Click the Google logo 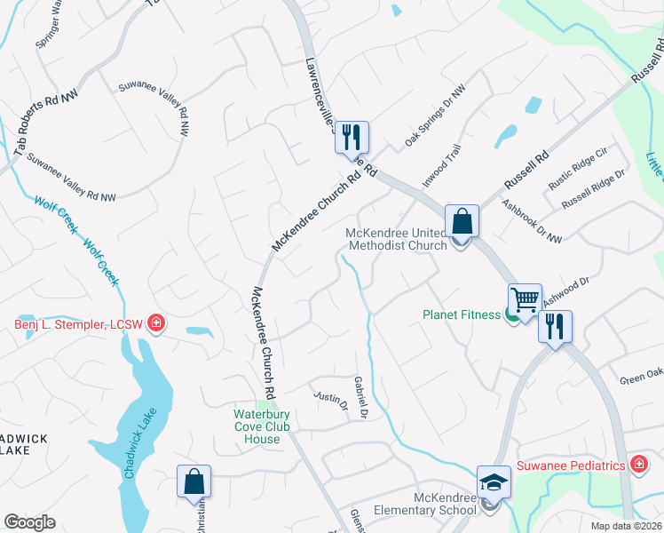(29, 522)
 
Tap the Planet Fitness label (462, 314)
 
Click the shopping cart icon (525, 298)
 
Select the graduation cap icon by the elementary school (494, 481)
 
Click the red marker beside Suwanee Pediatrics (637, 465)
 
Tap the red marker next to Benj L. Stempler (156, 322)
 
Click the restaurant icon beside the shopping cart (556, 325)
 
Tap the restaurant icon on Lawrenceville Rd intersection (352, 137)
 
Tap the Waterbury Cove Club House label (269, 426)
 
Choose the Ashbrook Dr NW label (531, 220)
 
